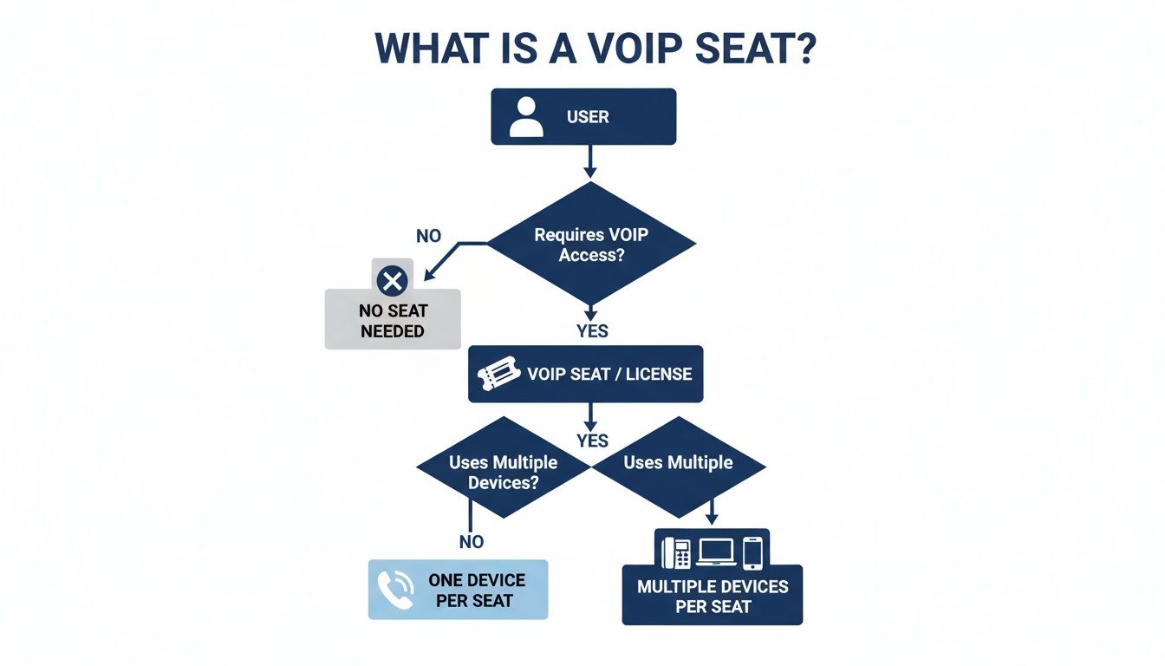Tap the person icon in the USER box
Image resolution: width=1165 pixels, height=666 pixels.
(x=526, y=116)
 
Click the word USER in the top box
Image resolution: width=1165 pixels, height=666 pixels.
(x=588, y=116)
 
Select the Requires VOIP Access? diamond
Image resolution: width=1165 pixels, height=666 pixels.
(x=591, y=244)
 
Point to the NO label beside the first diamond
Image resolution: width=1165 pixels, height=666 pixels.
(x=428, y=235)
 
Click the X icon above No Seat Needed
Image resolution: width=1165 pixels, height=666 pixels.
(x=393, y=280)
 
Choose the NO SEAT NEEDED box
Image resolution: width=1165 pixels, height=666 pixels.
(x=393, y=320)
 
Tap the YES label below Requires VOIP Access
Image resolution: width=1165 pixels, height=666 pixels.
(x=592, y=330)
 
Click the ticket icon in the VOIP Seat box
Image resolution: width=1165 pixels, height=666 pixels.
(x=498, y=375)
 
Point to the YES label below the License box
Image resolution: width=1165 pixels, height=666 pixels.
(x=592, y=441)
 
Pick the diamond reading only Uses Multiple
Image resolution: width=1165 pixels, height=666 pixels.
(x=678, y=465)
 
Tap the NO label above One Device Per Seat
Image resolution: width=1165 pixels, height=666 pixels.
(x=471, y=542)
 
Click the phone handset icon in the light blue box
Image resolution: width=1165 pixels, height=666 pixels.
(x=394, y=590)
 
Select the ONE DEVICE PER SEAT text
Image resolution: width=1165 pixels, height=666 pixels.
(x=476, y=590)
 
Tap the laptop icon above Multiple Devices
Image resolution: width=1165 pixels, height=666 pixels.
(x=715, y=552)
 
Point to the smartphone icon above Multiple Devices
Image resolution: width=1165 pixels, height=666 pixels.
(x=752, y=552)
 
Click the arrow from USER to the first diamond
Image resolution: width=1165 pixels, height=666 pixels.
(x=590, y=161)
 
